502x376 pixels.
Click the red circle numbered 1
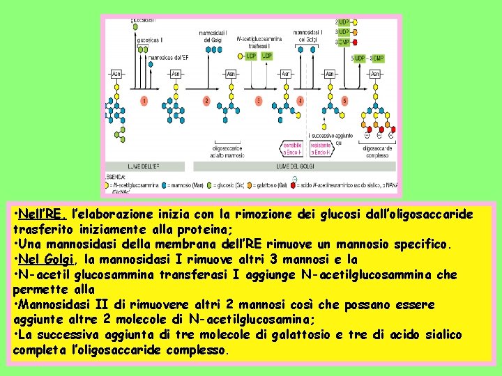point(144,101)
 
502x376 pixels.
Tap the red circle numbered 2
point(206,101)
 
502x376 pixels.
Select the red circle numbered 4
point(300,101)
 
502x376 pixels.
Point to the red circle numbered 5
point(344,101)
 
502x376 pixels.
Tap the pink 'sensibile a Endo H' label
point(292,148)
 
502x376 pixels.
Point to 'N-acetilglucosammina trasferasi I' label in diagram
point(259,42)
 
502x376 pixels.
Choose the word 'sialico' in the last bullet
point(438,335)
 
